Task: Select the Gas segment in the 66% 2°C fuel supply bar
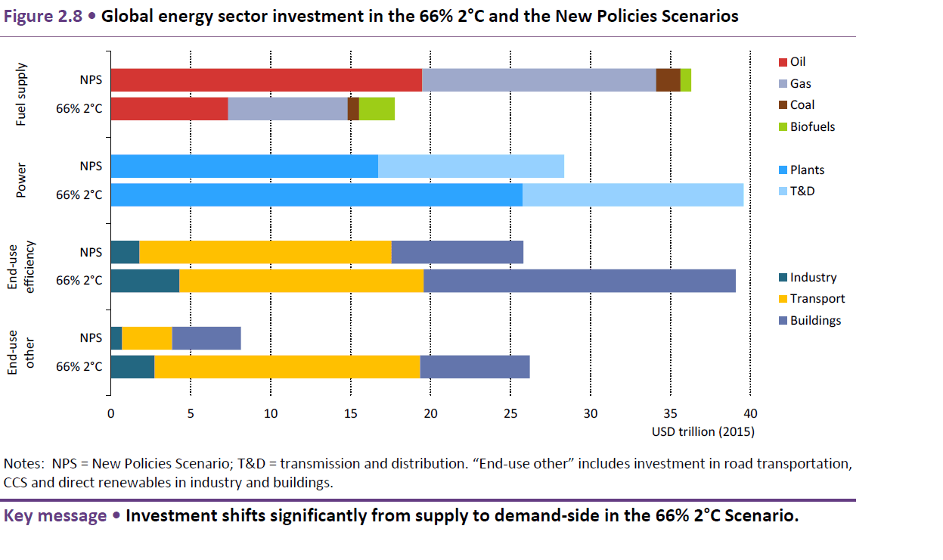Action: coord(287,109)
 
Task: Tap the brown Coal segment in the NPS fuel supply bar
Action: coord(668,80)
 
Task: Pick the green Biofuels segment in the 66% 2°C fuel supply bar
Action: coord(377,109)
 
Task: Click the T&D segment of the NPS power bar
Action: coord(471,166)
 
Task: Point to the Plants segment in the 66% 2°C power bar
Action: coord(316,194)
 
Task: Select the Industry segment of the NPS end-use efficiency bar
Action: coord(125,252)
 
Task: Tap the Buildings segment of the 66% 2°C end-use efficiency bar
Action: coord(579,281)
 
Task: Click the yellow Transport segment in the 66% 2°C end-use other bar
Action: coord(287,366)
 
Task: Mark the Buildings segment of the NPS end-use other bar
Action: coord(206,338)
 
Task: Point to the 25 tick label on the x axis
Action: coord(510,413)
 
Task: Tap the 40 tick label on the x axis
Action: coord(749,413)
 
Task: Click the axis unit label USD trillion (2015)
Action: coord(703,432)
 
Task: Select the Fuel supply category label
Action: coord(20,95)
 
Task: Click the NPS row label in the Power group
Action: coord(91,166)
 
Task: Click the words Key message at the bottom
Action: coord(54,517)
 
